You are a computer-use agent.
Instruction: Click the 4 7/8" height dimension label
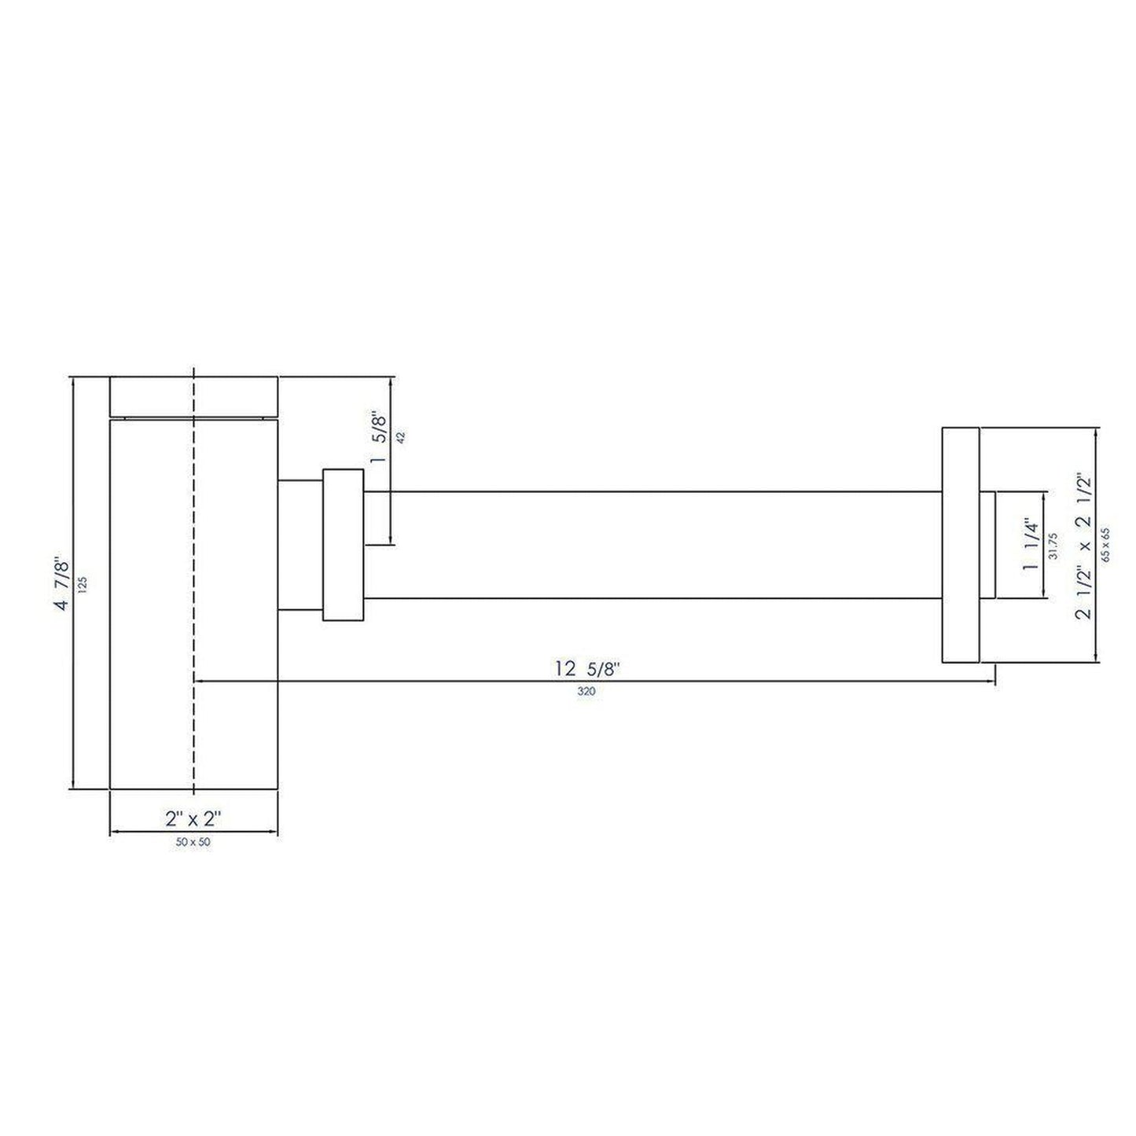tap(64, 583)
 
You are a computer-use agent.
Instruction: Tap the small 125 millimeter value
tap(83, 583)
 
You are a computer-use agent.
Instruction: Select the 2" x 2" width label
tap(193, 818)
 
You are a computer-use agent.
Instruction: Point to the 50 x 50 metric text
tap(193, 842)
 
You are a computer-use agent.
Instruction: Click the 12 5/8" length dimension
tap(588, 669)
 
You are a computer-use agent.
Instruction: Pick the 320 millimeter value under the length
tap(586, 693)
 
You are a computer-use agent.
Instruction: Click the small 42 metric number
tap(401, 438)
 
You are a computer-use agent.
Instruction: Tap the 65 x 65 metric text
tap(1107, 546)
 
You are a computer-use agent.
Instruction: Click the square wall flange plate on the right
tap(960, 546)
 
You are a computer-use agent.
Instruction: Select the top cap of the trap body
tap(193, 397)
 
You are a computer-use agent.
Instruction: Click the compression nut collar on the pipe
tap(343, 545)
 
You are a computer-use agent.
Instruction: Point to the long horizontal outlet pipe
tap(653, 545)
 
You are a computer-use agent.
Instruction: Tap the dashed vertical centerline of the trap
tap(193, 597)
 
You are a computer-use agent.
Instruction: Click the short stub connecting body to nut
tap(300, 545)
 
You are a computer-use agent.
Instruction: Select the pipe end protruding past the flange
tap(987, 545)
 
